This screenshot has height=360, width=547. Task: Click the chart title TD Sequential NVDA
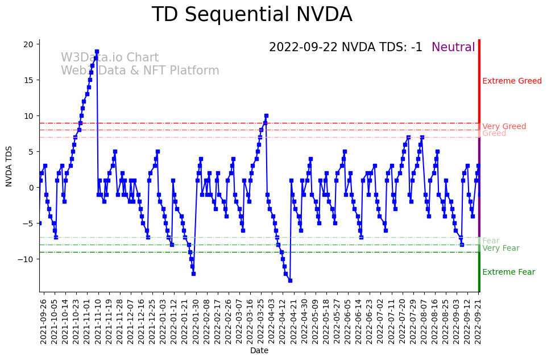(x=252, y=15)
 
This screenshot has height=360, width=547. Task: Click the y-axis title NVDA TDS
(x=9, y=165)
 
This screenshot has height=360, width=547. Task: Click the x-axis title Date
(x=259, y=351)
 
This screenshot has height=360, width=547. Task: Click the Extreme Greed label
(x=512, y=81)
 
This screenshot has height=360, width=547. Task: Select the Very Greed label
(x=504, y=127)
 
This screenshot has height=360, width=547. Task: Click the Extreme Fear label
(x=508, y=272)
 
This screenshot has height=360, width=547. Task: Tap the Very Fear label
(x=500, y=249)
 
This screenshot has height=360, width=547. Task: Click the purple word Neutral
(x=453, y=48)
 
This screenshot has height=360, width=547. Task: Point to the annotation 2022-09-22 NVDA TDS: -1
(x=345, y=48)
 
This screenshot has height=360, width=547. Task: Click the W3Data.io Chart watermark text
(x=110, y=58)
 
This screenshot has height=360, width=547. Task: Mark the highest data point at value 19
(x=97, y=51)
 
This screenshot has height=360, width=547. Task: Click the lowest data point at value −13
(x=290, y=280)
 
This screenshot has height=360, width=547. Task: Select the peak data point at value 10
(x=266, y=115)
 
